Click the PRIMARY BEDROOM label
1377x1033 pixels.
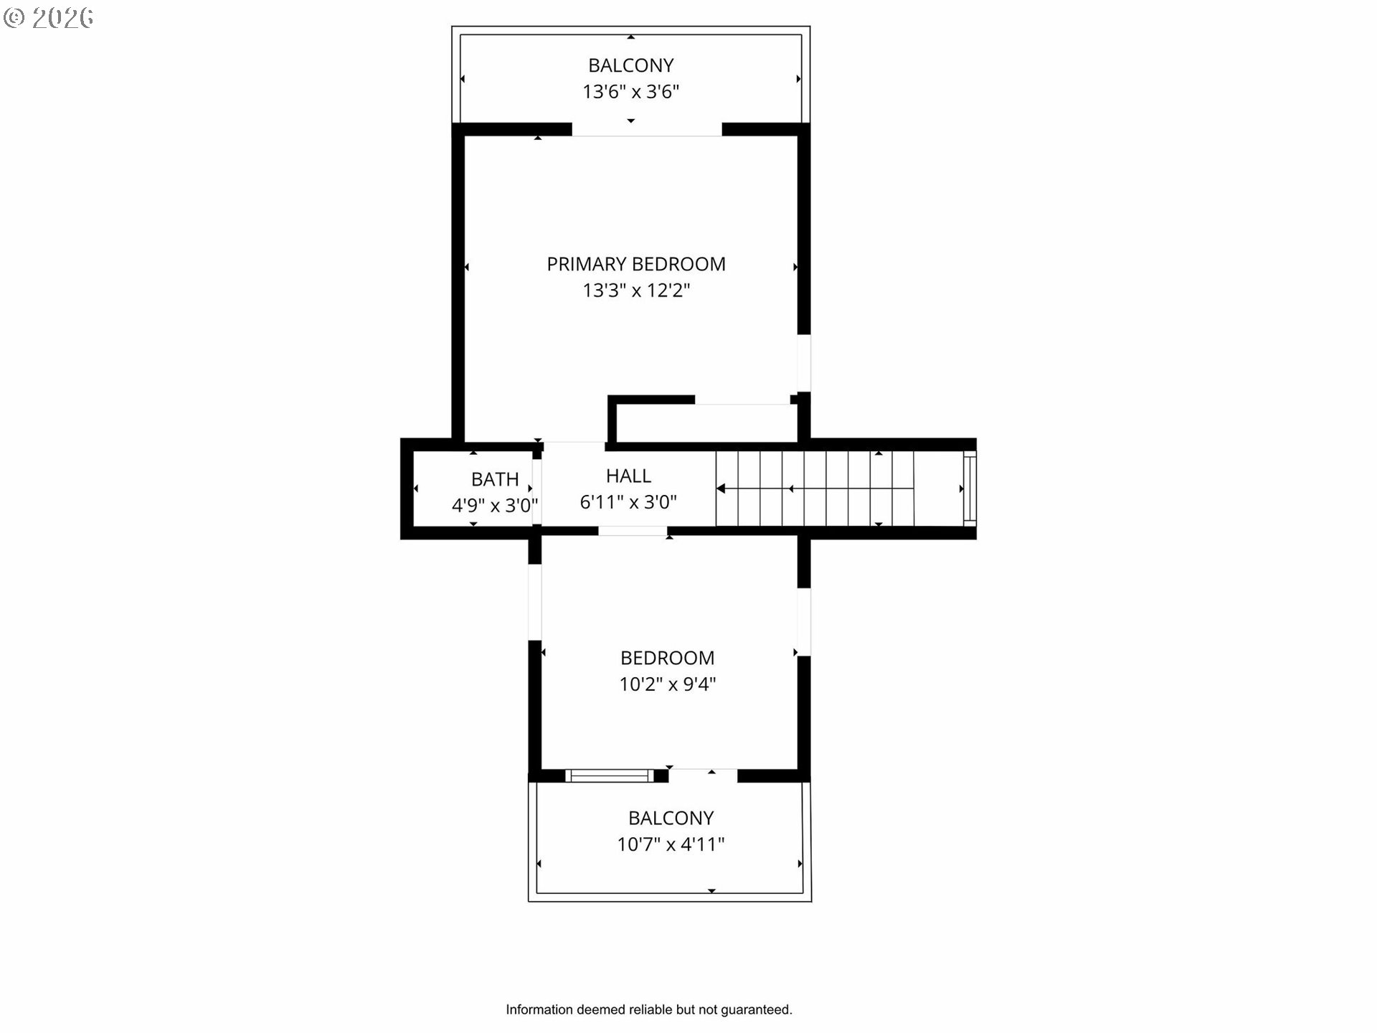[x=636, y=264]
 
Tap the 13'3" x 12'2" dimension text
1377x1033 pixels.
[x=636, y=291]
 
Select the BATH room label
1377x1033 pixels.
[x=495, y=479]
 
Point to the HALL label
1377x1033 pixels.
[x=628, y=476]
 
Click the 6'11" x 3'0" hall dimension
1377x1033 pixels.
[x=628, y=502]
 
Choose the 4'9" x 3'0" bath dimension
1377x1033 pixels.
[x=495, y=506]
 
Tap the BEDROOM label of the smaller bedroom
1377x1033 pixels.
[x=667, y=658]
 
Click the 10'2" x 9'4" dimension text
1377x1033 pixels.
[x=667, y=684]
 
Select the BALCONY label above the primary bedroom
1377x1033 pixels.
[x=630, y=65]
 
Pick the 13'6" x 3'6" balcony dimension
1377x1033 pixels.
[x=630, y=92]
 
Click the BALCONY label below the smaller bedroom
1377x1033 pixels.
[x=671, y=818]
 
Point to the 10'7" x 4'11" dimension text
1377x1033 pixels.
[x=671, y=844]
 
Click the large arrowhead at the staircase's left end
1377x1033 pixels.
[x=721, y=489]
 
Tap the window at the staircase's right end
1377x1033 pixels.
[x=970, y=488]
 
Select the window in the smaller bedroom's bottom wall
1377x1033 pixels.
[x=610, y=775]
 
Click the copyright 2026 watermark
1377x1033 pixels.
[x=48, y=18]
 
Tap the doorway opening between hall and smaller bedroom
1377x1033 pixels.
[x=633, y=531]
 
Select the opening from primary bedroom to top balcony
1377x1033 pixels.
[x=647, y=130]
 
